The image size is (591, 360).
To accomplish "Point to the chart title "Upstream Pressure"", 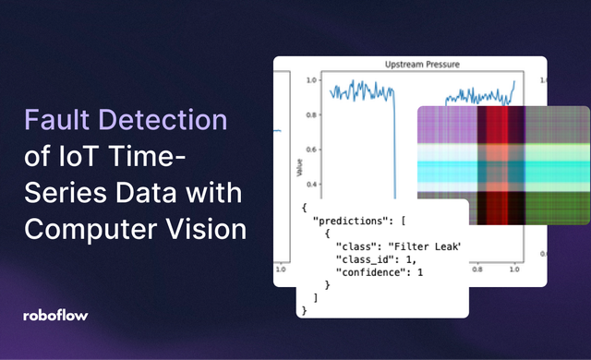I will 422,65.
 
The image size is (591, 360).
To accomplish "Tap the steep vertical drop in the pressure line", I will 394,138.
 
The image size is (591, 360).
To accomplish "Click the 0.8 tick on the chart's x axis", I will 477,273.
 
